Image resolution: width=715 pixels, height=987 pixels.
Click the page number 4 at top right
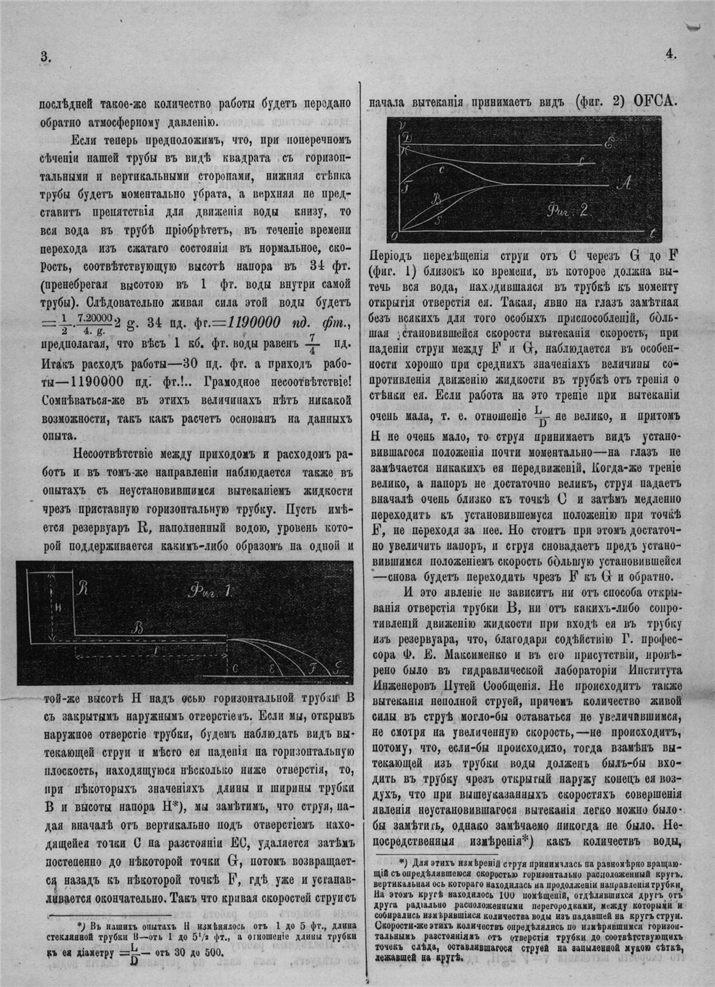669,53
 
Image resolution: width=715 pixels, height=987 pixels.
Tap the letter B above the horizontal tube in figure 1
138,628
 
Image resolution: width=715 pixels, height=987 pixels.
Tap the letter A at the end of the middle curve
625,185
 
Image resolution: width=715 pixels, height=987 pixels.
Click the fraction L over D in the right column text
538,418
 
